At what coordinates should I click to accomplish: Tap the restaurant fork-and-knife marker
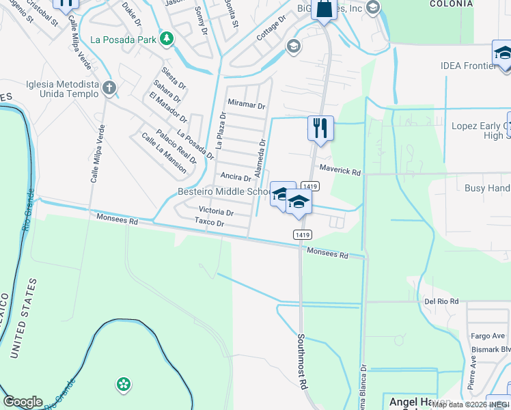pyautogui.click(x=320, y=128)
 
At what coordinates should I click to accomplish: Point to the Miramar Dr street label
pyautogui.click(x=246, y=105)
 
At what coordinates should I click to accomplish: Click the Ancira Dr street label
pyautogui.click(x=236, y=177)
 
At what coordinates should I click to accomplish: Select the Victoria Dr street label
pyautogui.click(x=216, y=212)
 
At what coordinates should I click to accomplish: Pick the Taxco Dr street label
pyautogui.click(x=209, y=223)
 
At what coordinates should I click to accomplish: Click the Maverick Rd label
pyautogui.click(x=340, y=172)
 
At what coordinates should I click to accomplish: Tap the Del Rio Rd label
pyautogui.click(x=441, y=301)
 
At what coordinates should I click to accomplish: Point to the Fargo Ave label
pyautogui.click(x=488, y=336)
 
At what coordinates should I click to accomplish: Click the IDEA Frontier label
pyautogui.click(x=468, y=66)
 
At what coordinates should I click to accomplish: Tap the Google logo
pyautogui.click(x=23, y=402)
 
